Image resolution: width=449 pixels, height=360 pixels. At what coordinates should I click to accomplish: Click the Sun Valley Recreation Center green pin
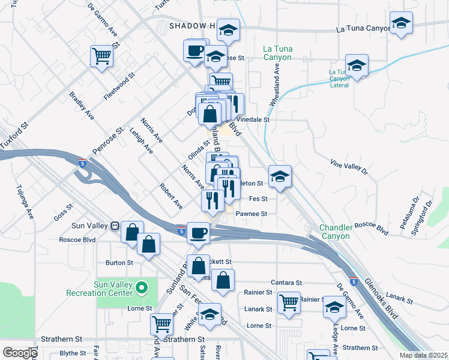coord(142,288)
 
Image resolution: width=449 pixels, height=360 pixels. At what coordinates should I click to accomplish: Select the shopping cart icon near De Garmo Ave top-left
coord(102,56)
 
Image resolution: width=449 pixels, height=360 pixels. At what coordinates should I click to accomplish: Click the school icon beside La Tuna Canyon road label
coord(401,25)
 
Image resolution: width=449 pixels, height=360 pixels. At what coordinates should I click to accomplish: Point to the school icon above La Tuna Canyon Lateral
coord(357,66)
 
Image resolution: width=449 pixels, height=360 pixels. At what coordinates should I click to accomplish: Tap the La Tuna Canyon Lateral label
coord(339,78)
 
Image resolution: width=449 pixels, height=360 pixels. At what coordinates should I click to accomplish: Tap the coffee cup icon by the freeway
coord(197,233)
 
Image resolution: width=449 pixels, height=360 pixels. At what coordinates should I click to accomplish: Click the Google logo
coord(20,352)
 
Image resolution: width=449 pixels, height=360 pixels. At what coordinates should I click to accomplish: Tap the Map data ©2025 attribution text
coord(423,355)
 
